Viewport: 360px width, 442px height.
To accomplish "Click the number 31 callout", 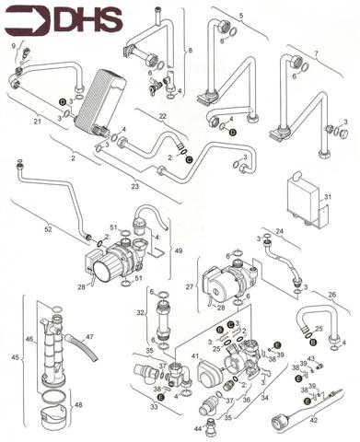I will tap(326, 195).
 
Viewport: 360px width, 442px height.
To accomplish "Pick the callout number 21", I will tap(38, 122).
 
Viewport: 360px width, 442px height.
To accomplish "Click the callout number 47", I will tap(89, 338).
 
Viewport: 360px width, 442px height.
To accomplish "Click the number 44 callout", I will tap(199, 428).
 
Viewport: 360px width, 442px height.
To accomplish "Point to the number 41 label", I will tap(195, 355).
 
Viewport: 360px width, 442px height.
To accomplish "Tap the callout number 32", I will tap(141, 313).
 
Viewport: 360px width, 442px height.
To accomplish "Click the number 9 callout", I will tap(14, 45).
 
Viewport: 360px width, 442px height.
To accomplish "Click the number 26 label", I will tap(331, 295).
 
